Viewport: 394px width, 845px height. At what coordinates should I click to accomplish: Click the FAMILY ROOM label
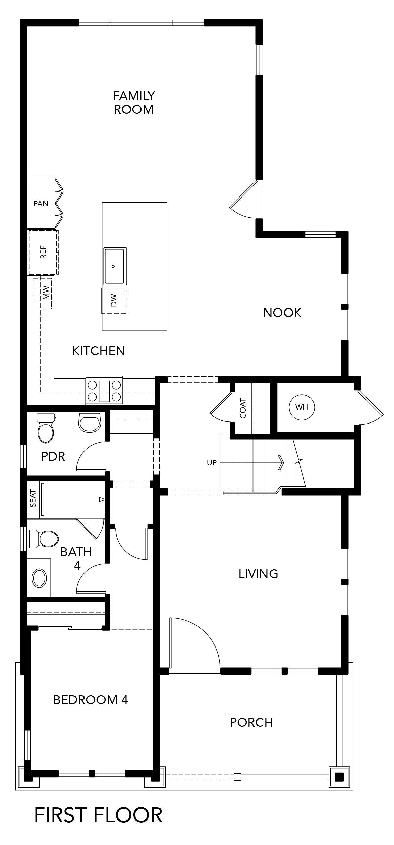click(133, 103)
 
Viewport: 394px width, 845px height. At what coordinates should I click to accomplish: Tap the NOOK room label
click(282, 313)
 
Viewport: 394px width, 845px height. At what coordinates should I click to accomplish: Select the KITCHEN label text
click(99, 351)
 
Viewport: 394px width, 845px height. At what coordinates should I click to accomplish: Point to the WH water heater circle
click(302, 407)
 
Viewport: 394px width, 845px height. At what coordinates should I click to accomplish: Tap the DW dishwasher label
click(114, 300)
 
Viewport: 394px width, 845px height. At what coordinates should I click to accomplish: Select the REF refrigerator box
click(43, 252)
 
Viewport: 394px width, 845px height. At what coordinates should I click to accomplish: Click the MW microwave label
click(46, 293)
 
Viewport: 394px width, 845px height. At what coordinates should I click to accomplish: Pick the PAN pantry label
click(41, 204)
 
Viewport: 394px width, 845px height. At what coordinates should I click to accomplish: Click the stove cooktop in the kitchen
click(104, 390)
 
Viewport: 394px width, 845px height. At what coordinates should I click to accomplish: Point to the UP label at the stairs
click(212, 463)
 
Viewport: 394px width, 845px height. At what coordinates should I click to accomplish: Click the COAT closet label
click(243, 408)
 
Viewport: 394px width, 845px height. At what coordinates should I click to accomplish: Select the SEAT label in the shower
click(33, 499)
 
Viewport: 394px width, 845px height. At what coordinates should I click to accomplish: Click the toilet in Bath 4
click(44, 539)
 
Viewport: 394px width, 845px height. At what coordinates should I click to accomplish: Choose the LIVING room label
click(258, 574)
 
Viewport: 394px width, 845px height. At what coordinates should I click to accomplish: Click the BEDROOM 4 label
click(91, 700)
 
